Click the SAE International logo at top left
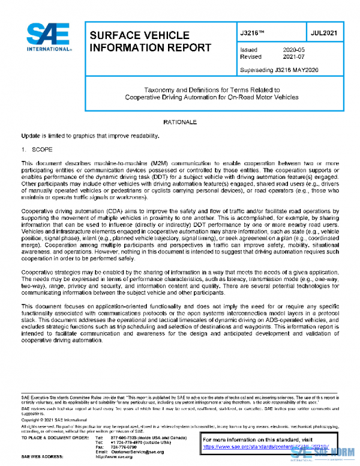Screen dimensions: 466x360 click(x=46, y=38)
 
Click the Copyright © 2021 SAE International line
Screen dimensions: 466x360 click(x=55, y=420)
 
